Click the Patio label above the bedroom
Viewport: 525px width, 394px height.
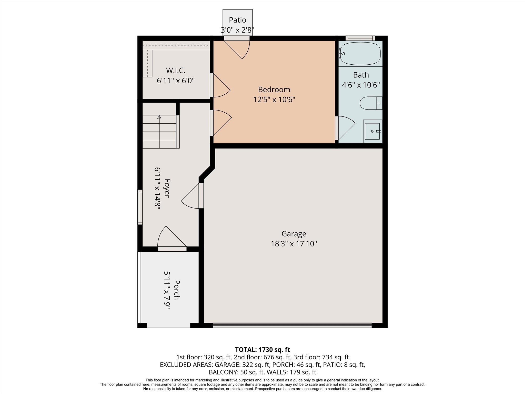(237, 20)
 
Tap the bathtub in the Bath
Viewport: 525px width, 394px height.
(360, 54)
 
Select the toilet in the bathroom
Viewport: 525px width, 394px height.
(371, 103)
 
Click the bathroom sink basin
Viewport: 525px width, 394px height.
(372, 131)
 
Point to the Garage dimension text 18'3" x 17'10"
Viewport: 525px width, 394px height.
(294, 243)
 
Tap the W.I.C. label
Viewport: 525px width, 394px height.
(176, 70)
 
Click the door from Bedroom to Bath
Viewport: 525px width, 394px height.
(345, 128)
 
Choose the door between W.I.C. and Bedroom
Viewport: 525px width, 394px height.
(220, 85)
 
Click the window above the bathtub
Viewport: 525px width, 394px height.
(360, 38)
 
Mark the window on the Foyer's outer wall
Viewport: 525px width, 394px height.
(140, 207)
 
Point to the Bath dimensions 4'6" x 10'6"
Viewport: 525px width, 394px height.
(361, 85)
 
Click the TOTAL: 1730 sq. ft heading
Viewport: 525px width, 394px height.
(262, 349)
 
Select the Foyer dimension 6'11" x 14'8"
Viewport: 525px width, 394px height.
(157, 189)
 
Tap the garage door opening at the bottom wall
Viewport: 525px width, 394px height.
(292, 325)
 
